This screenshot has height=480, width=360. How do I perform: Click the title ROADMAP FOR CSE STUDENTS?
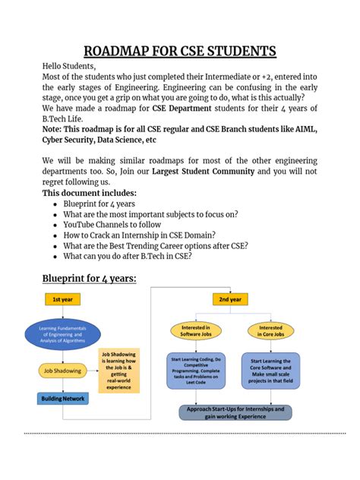(179, 52)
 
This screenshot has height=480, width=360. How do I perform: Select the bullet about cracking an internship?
(139, 235)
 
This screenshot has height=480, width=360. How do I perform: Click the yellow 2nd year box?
(230, 299)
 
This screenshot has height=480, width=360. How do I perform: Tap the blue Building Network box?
(63, 398)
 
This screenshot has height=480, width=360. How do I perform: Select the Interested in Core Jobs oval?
(270, 330)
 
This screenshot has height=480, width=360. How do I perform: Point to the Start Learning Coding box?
(197, 372)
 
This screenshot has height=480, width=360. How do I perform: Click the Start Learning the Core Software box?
(270, 371)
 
